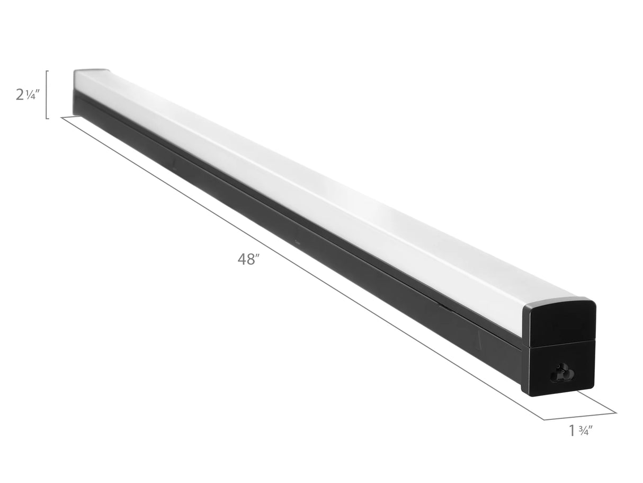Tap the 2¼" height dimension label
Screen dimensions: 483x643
coord(27,95)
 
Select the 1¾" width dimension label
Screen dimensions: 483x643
coord(579,431)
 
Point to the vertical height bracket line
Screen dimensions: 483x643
coord(47,94)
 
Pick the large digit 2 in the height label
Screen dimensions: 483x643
coord(20,95)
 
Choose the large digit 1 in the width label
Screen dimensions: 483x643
coord(571,431)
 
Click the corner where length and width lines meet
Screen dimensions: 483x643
coord(544,420)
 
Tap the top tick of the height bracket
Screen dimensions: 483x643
coord(48,71)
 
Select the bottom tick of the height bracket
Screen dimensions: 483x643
coord(48,118)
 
